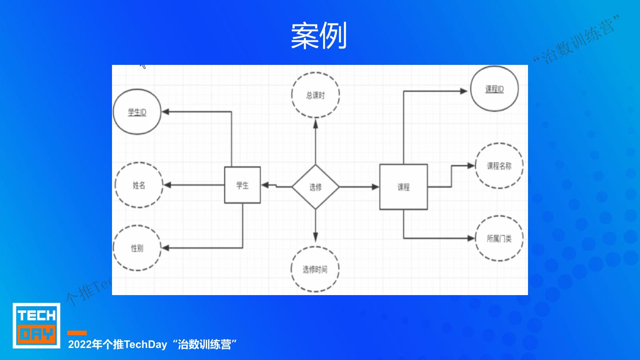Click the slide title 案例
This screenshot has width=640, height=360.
[x=319, y=36]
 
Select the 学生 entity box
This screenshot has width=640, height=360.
[x=242, y=185]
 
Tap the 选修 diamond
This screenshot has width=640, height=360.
[x=316, y=187]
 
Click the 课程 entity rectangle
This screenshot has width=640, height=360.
[x=403, y=187]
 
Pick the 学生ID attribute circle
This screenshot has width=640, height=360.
[x=137, y=112]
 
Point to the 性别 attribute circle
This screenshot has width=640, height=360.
[x=137, y=248]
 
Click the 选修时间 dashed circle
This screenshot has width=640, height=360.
[x=315, y=269]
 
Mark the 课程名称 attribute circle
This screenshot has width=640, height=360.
[x=499, y=166]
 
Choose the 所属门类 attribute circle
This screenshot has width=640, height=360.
[x=499, y=239]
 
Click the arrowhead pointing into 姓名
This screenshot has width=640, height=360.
[x=166, y=185]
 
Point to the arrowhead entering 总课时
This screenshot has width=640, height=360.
[x=316, y=122]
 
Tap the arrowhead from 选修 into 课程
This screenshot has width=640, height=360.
[x=376, y=187]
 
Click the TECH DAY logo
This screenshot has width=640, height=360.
[x=36, y=325]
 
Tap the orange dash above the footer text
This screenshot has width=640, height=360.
[x=77, y=333]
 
